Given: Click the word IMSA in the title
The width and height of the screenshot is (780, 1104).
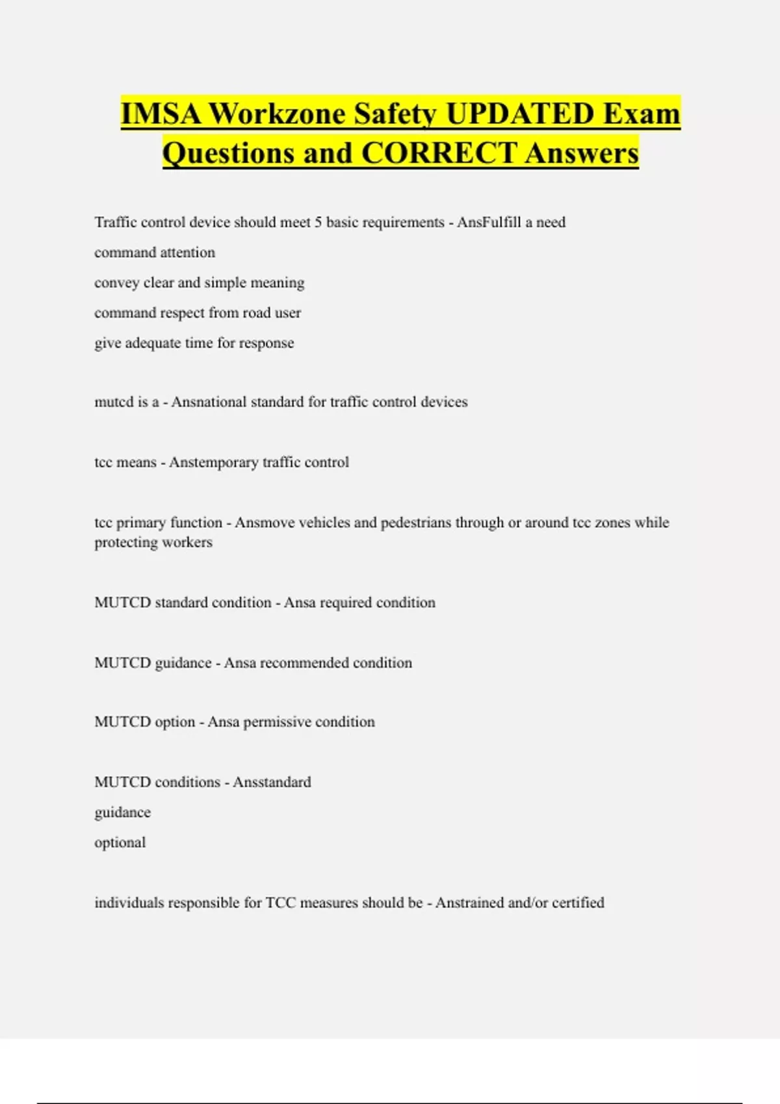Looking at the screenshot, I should [x=161, y=114].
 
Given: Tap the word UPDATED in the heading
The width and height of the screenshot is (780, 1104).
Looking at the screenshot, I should [x=520, y=114].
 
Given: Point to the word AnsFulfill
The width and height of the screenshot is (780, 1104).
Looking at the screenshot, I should [x=489, y=222].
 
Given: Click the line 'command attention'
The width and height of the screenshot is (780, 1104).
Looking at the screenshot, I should [x=155, y=252].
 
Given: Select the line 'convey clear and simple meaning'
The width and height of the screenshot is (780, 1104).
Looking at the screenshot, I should [x=199, y=282].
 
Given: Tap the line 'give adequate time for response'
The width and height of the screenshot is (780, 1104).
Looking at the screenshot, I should [x=194, y=343].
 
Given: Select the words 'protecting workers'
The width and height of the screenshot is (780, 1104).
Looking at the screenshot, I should [x=153, y=542].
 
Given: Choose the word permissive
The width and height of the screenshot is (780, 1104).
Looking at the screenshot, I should [x=279, y=722].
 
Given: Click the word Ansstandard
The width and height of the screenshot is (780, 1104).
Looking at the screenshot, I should [x=272, y=782].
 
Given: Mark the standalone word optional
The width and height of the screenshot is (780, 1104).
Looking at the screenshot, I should [x=120, y=842].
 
